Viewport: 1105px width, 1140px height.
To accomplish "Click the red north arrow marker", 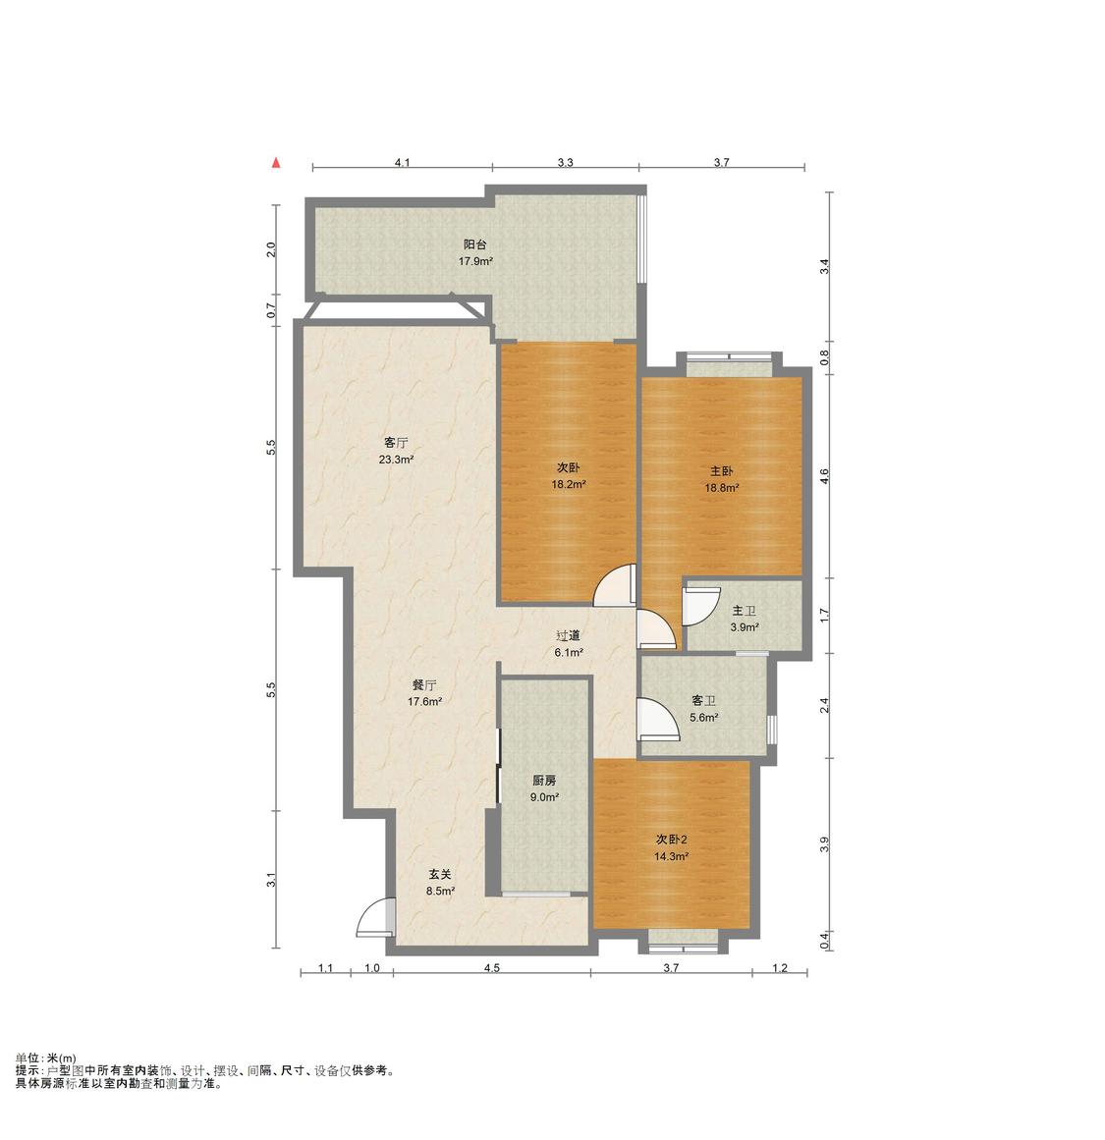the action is (276, 163).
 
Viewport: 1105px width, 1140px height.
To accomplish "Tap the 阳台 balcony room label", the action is (475, 245).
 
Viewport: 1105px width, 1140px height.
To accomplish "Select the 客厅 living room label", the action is (396, 443).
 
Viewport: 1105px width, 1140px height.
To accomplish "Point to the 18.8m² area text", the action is (722, 488).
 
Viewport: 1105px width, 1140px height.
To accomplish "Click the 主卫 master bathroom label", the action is (745, 611).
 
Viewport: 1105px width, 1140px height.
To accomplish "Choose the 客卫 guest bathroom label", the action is (703, 701).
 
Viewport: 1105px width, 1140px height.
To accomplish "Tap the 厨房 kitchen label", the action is (544, 781).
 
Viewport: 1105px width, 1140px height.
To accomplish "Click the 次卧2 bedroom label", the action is (671, 840).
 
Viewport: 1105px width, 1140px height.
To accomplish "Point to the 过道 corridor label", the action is (568, 636).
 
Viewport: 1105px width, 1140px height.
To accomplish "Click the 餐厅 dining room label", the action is (424, 684).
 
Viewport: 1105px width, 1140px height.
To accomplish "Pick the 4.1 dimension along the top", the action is (403, 163).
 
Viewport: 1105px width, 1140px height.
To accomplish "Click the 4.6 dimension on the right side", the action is (824, 476).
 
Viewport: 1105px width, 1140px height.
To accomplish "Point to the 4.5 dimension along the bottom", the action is (492, 968).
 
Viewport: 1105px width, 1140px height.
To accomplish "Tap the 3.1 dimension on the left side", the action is (271, 880).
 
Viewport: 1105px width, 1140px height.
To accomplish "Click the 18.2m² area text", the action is (569, 484).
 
